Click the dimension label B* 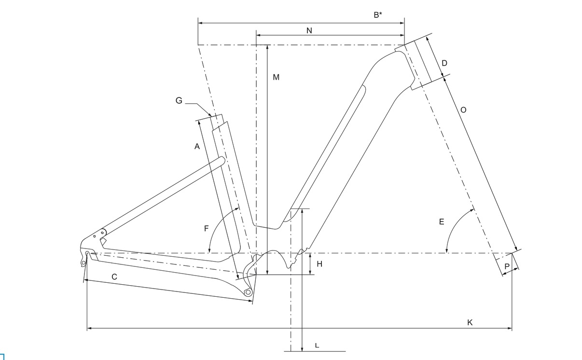[378, 15]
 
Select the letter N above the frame [309, 31]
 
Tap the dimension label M [276, 77]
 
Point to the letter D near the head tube [444, 63]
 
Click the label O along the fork [463, 110]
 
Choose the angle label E [442, 222]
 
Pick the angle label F [207, 228]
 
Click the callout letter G [179, 100]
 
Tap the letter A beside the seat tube [197, 146]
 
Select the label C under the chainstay [114, 277]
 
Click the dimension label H [319, 264]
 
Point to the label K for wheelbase [470, 322]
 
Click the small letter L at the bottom [317, 346]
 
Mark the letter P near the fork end [507, 266]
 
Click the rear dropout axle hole [87, 253]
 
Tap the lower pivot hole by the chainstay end [248, 292]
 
